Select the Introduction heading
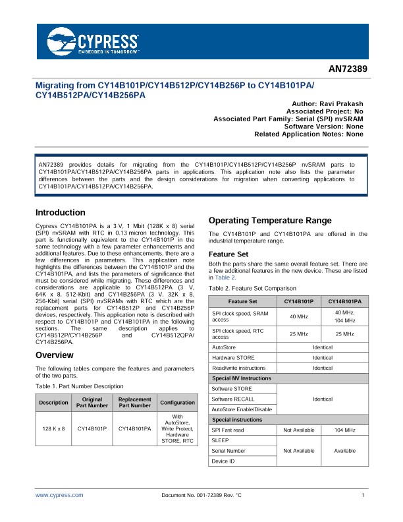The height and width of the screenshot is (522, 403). click(60, 213)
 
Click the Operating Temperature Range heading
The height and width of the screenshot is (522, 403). click(269, 220)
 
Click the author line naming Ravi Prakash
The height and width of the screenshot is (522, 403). click(327, 104)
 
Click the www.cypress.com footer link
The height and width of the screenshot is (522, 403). click(59, 494)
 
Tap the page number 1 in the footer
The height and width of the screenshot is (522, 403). click(363, 494)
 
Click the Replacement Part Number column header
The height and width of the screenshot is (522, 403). click(134, 402)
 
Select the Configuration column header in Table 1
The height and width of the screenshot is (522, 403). click(177, 402)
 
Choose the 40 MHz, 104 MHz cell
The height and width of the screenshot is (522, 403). click(345, 316)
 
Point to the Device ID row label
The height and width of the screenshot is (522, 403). click(222, 461)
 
